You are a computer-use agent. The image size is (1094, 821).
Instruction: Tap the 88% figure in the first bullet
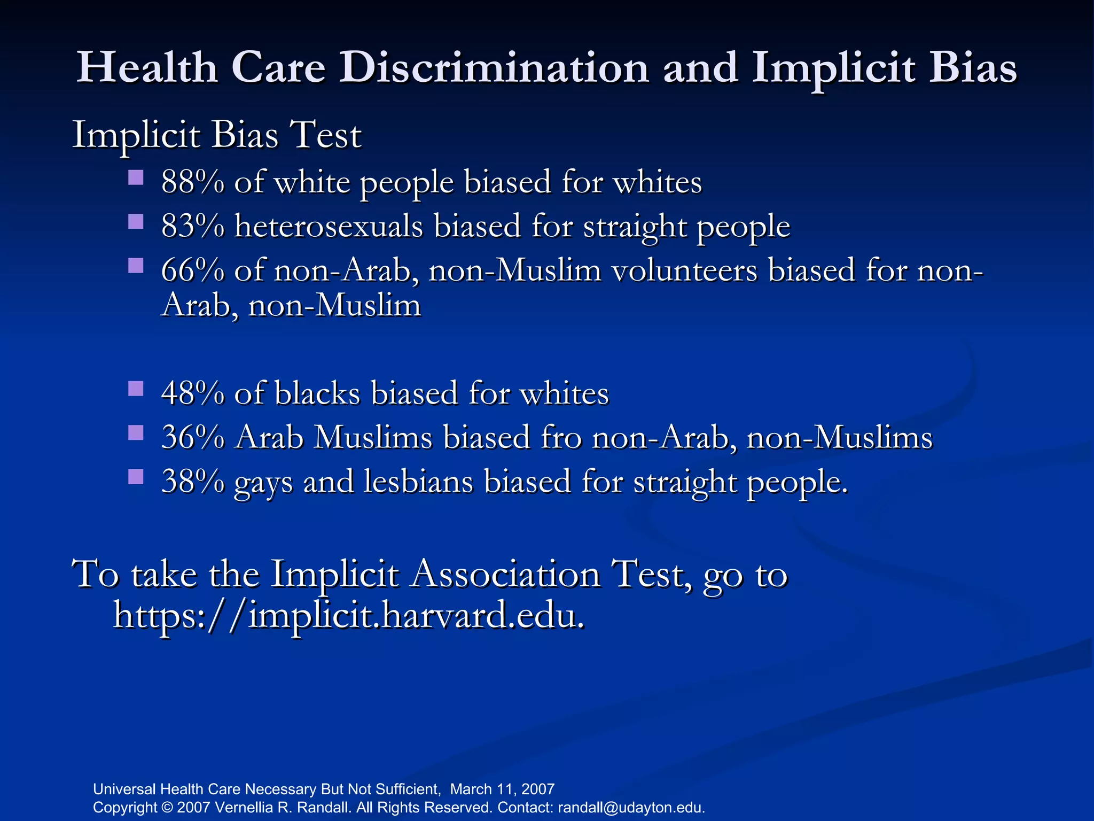coord(193,182)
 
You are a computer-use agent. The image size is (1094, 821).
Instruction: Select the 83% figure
coord(193,226)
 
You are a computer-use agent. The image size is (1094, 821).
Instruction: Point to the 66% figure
coord(193,270)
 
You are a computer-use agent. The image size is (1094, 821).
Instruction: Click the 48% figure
coord(193,393)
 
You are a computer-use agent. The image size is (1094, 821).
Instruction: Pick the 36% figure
coord(193,437)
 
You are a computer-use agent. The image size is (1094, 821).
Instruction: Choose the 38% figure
coord(193,481)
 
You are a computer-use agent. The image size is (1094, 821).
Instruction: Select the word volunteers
coord(684,270)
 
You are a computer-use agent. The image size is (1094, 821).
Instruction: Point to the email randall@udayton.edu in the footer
coord(631,807)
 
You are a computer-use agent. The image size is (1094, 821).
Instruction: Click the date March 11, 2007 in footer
coord(502,789)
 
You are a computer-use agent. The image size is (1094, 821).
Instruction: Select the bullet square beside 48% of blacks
coord(136,388)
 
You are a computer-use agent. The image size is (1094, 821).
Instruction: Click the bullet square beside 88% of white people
coord(136,177)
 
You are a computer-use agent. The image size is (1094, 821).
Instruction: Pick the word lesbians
coord(419,481)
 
